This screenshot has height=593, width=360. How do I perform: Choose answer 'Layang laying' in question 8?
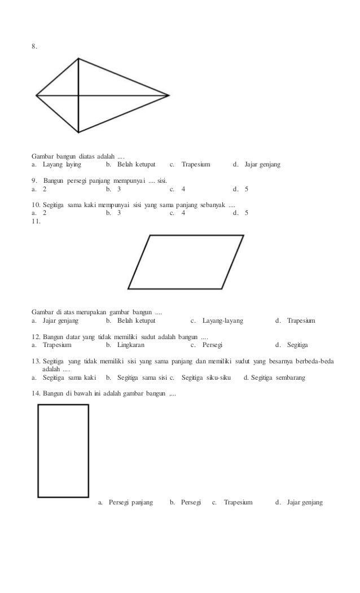(62, 165)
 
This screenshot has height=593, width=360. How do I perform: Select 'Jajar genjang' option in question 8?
(262, 165)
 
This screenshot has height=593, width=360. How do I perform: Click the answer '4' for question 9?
(183, 190)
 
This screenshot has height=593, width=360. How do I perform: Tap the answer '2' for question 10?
(45, 214)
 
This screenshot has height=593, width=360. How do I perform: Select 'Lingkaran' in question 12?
(131, 344)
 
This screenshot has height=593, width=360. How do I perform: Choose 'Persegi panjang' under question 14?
(130, 502)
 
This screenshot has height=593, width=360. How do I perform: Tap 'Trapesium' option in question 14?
(238, 502)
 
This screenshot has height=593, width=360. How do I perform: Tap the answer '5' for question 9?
(246, 190)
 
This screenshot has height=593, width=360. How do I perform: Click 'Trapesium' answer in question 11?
(301, 320)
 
